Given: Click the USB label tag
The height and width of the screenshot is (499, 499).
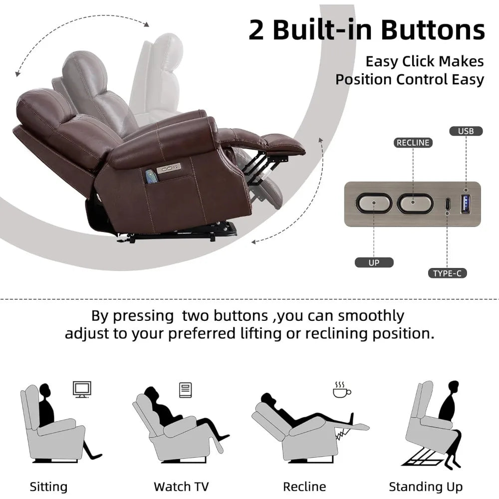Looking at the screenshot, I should [x=466, y=131].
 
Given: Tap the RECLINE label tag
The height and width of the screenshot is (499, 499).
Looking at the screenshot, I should [x=413, y=143].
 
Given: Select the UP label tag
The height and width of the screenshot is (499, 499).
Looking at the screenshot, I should [x=374, y=262].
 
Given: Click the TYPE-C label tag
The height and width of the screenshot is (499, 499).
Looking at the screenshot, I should [x=447, y=273].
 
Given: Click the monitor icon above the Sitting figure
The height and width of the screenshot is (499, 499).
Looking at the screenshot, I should [x=82, y=389].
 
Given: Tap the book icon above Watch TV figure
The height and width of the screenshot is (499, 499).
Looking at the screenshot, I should [x=185, y=390].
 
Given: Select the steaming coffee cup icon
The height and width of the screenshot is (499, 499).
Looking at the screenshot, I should [x=342, y=390].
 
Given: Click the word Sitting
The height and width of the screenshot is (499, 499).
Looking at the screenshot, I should [x=48, y=487].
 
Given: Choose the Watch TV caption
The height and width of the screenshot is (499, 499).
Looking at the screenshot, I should [x=181, y=487].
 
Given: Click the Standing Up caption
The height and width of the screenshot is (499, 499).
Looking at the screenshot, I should [x=426, y=487].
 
